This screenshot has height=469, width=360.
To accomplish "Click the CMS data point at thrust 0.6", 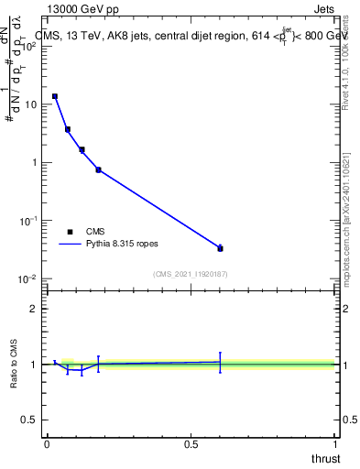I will coord(220,248).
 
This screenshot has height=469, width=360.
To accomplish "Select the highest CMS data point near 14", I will coord(55,96).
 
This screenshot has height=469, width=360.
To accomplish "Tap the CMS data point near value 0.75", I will coord(98,169).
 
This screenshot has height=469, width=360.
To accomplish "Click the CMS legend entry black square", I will coord(70,232).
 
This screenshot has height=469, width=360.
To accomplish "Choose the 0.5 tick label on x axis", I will coord(191,444).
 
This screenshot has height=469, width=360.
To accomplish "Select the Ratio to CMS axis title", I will coord(14,365).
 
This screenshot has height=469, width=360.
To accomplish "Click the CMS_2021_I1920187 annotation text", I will coord(191,274).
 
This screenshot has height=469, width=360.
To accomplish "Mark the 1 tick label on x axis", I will coord(336,444).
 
